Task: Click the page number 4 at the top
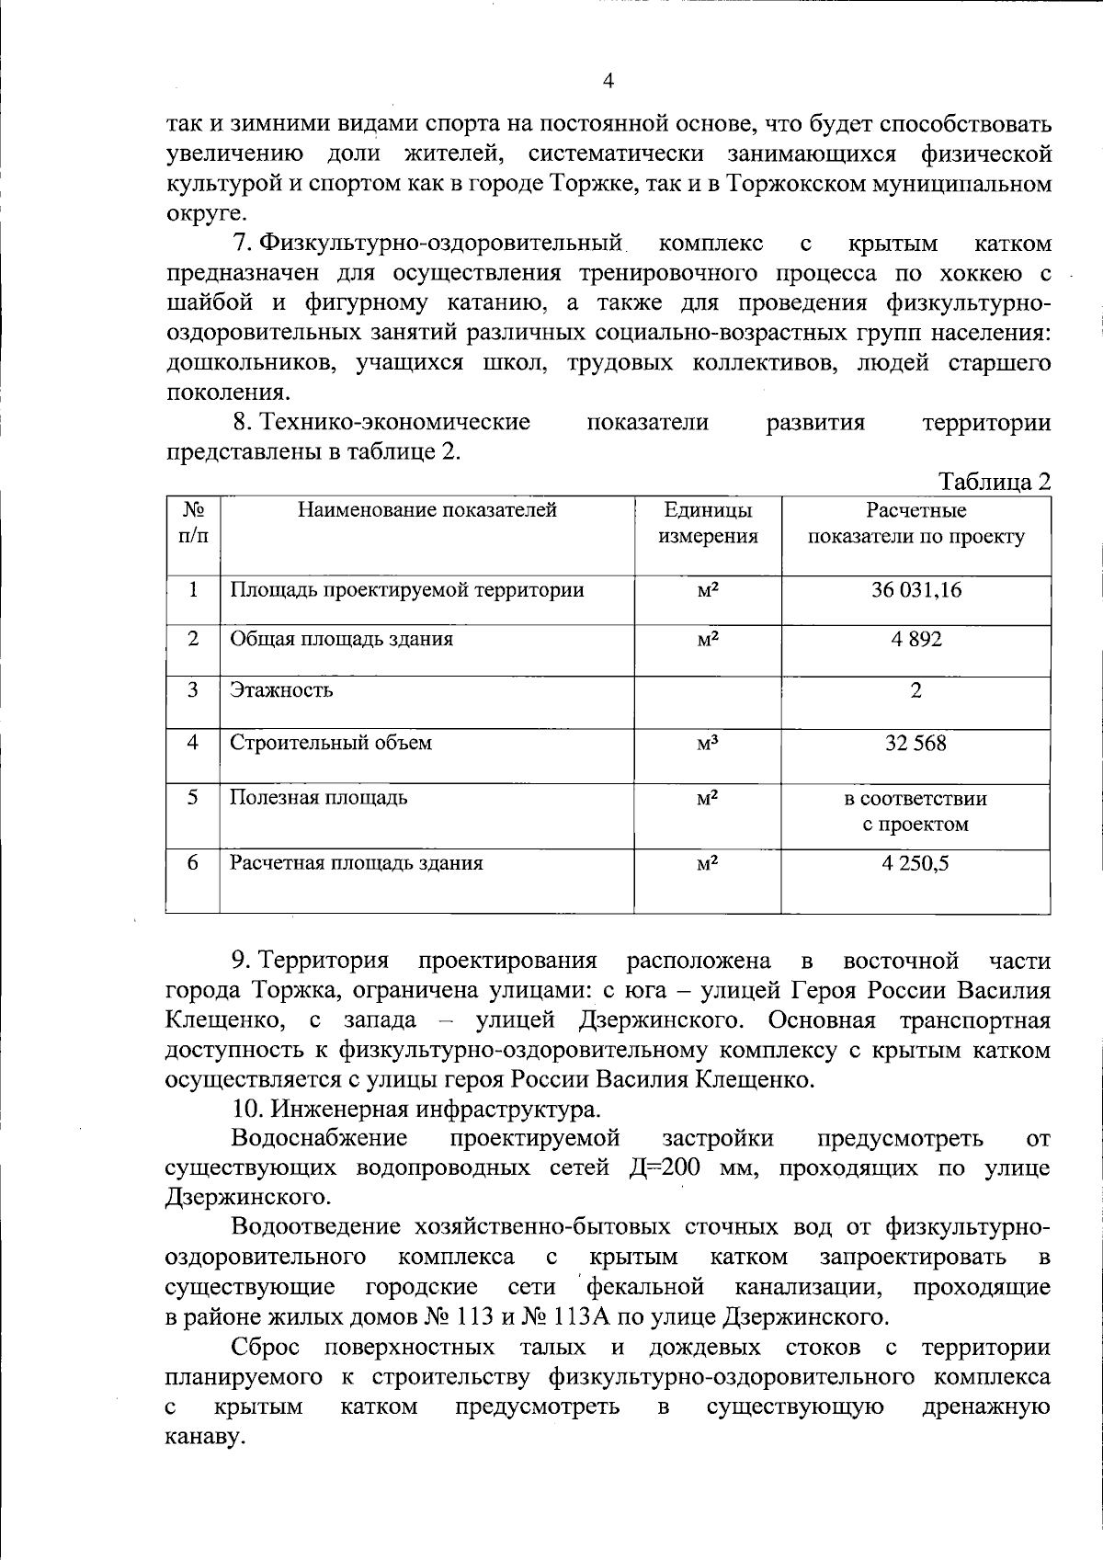(x=608, y=81)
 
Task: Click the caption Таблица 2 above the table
(x=994, y=481)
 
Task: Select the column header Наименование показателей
(x=427, y=510)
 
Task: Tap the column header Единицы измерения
(x=708, y=523)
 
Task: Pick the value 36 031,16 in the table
(x=915, y=590)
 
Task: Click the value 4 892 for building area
(x=915, y=639)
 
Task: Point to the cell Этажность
(x=281, y=690)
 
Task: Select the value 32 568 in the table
(x=915, y=743)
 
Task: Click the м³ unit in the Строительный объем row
(x=707, y=743)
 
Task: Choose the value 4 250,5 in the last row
(x=915, y=863)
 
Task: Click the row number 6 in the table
(x=193, y=863)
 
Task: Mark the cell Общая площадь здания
(x=341, y=639)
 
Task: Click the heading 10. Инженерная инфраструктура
(x=416, y=1110)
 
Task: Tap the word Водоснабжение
(x=319, y=1139)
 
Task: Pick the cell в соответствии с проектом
(x=915, y=811)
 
